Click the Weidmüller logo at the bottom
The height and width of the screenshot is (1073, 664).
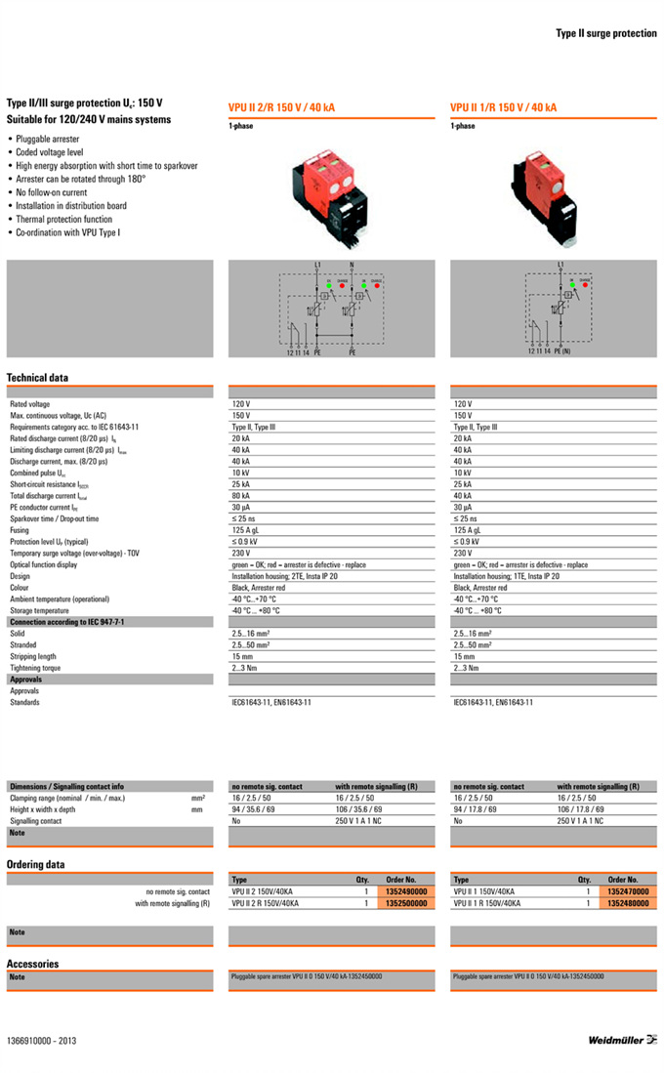click(x=622, y=1040)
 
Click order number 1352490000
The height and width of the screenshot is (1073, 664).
click(x=401, y=891)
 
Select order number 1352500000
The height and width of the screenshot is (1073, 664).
click(x=401, y=903)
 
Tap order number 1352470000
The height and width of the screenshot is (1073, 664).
click(x=626, y=891)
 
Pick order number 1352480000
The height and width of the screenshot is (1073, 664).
click(x=626, y=903)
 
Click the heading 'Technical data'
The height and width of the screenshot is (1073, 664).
click(x=38, y=378)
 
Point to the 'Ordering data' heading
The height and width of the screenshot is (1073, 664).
click(x=36, y=864)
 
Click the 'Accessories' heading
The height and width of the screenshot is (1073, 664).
click(x=33, y=964)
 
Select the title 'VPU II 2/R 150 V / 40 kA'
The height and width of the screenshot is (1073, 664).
click(x=281, y=107)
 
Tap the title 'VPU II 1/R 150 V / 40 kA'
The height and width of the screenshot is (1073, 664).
click(x=503, y=107)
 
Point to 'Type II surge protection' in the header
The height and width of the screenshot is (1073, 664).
click(x=606, y=33)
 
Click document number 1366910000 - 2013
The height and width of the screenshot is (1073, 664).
click(x=41, y=1041)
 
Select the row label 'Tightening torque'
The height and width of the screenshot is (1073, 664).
click(x=35, y=668)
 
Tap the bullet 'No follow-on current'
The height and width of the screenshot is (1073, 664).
click(x=52, y=192)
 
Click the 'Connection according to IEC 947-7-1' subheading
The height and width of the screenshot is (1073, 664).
click(x=66, y=622)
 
